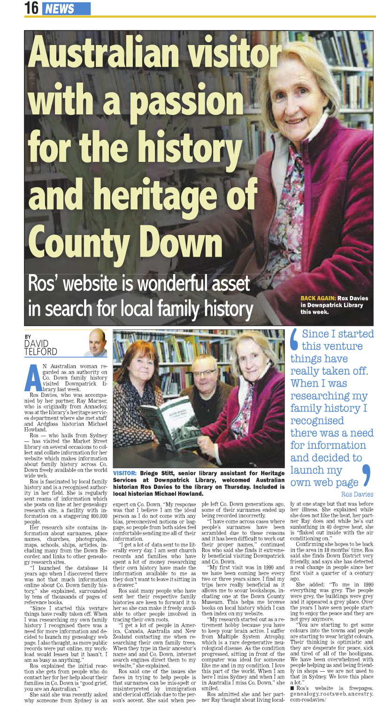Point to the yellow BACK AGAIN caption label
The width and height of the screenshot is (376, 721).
coord(318,298)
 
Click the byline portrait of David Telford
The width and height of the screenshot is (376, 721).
coord(96,343)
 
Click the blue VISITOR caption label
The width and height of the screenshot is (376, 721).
coord(125,472)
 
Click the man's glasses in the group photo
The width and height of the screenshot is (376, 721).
coord(205,373)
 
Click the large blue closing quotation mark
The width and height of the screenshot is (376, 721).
coord(367,476)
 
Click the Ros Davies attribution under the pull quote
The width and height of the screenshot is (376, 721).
coord(357,494)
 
